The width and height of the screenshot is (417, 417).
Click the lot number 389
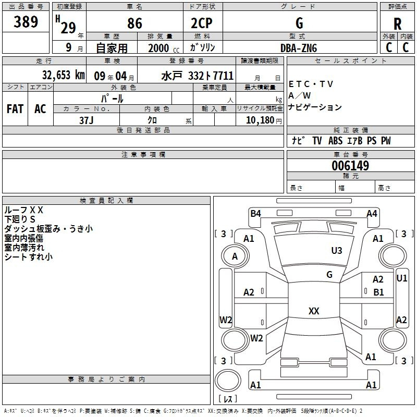pyautogui.click(x=26, y=21)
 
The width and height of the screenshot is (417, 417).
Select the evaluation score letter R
pyautogui.click(x=397, y=24)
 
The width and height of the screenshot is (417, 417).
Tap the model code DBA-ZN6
pyautogui.click(x=299, y=48)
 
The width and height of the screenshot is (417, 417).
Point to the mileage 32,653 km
pyautogui.click(x=63, y=75)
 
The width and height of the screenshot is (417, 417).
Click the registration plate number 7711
pyautogui.click(x=223, y=76)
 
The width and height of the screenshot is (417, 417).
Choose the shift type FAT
pyautogui.click(x=15, y=109)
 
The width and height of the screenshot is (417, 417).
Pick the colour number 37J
pyautogui.click(x=86, y=120)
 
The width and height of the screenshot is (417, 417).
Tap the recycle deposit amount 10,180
pyautogui.click(x=260, y=120)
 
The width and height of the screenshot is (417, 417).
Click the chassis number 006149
pyautogui.click(x=350, y=166)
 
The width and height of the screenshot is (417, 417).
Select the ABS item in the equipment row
pyautogui.click(x=335, y=141)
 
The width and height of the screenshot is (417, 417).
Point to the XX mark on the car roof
pyautogui.click(x=314, y=311)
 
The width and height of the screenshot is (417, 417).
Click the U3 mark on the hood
pyautogui.click(x=337, y=250)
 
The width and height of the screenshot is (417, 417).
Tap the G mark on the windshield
pyautogui.click(x=329, y=274)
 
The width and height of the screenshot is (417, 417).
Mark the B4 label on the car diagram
pyautogui.click(x=255, y=214)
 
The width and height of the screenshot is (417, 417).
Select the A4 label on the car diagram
pyautogui.click(x=372, y=214)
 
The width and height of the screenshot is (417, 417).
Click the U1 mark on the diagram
pyautogui.click(x=401, y=278)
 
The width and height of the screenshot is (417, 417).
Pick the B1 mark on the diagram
pyautogui.click(x=378, y=292)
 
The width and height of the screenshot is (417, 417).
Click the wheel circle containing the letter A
pyautogui.click(x=235, y=256)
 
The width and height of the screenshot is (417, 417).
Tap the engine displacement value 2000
pyautogui.click(x=158, y=48)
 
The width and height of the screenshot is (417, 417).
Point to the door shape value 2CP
pyautogui.click(x=202, y=23)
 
